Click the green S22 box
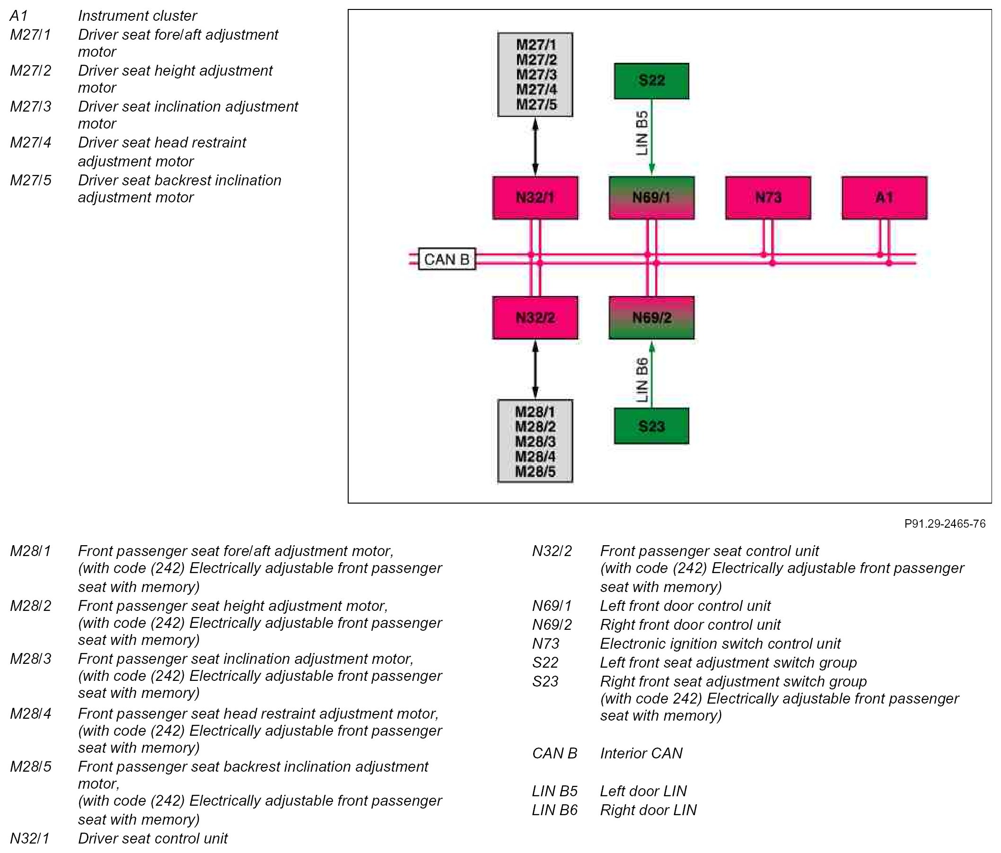(651, 81)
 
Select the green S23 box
(651, 426)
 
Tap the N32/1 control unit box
(536, 198)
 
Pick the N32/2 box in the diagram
(536, 318)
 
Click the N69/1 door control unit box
(652, 198)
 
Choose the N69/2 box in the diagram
(652, 318)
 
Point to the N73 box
(768, 198)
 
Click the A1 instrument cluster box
(885, 198)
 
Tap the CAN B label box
(447, 260)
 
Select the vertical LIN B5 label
(641, 133)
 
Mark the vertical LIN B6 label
(641, 381)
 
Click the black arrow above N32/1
(536, 147)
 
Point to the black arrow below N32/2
(536, 369)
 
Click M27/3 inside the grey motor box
(536, 75)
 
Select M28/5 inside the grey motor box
(536, 472)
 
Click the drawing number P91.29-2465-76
(945, 523)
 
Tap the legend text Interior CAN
(641, 754)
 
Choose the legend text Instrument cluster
(137, 16)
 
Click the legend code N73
(546, 644)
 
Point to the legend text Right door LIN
(648, 810)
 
